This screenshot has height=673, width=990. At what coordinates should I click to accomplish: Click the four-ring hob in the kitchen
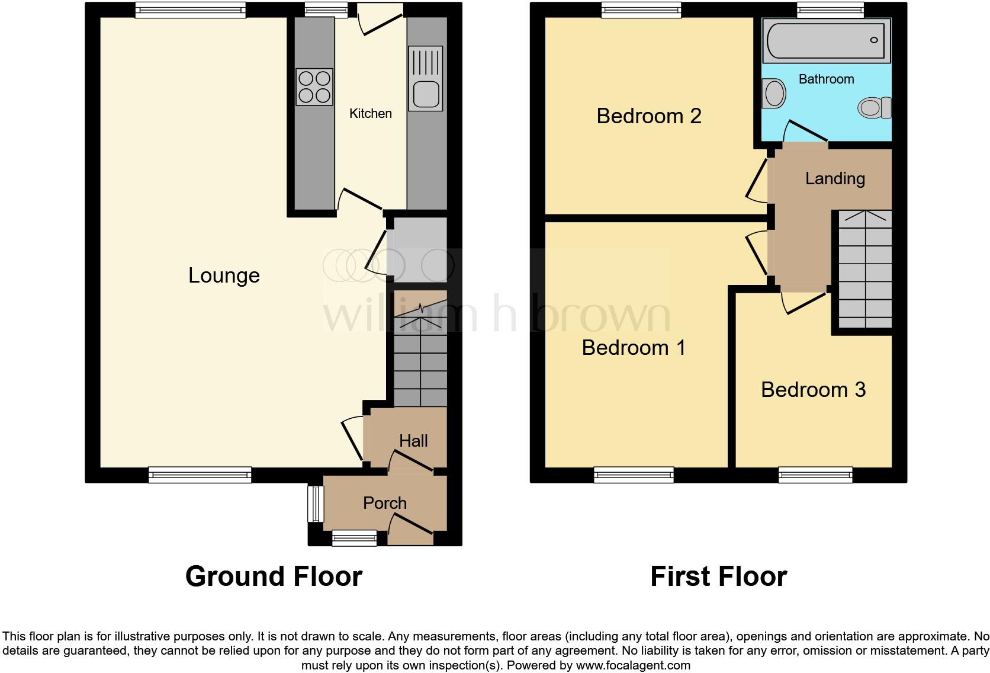314,87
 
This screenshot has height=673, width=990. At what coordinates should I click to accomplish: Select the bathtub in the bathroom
825,40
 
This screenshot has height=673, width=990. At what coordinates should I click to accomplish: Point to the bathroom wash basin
773,94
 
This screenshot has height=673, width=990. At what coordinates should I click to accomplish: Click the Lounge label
224,275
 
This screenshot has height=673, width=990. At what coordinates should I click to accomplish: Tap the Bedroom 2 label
649,116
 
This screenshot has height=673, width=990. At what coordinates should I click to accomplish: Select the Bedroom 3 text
813,390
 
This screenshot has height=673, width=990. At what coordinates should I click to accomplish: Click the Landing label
835,179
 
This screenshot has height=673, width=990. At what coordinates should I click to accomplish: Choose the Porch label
385,503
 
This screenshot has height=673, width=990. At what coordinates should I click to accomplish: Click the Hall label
413,441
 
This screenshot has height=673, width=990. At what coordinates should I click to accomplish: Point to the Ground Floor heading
274,576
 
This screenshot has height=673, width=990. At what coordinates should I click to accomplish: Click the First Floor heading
718,576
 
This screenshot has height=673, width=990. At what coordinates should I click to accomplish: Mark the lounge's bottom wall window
200,474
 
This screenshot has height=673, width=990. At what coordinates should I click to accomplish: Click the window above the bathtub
830,9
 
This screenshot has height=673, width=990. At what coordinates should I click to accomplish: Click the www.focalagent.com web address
633,665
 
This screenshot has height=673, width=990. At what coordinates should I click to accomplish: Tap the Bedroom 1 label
634,348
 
